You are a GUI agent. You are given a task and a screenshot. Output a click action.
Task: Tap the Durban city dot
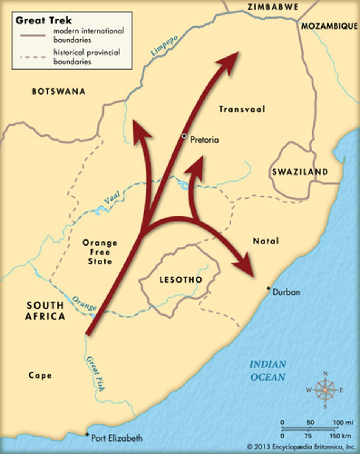click(x=268, y=289)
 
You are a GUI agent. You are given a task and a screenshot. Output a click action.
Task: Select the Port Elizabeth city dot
click(x=87, y=435)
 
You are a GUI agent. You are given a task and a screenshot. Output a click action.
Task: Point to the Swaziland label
click(x=300, y=172)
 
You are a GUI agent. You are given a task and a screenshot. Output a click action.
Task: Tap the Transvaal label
click(x=242, y=109)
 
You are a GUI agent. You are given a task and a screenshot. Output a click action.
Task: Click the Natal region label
click(x=265, y=241)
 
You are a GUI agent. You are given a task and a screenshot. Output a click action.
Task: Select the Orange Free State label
click(x=100, y=252)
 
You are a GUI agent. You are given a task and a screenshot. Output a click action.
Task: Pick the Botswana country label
click(x=59, y=91)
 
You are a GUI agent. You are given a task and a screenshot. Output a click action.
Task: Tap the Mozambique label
click(x=329, y=26)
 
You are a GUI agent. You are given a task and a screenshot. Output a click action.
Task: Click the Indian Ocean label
click(x=267, y=371)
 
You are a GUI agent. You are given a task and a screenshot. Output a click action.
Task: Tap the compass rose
click(x=325, y=390)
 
